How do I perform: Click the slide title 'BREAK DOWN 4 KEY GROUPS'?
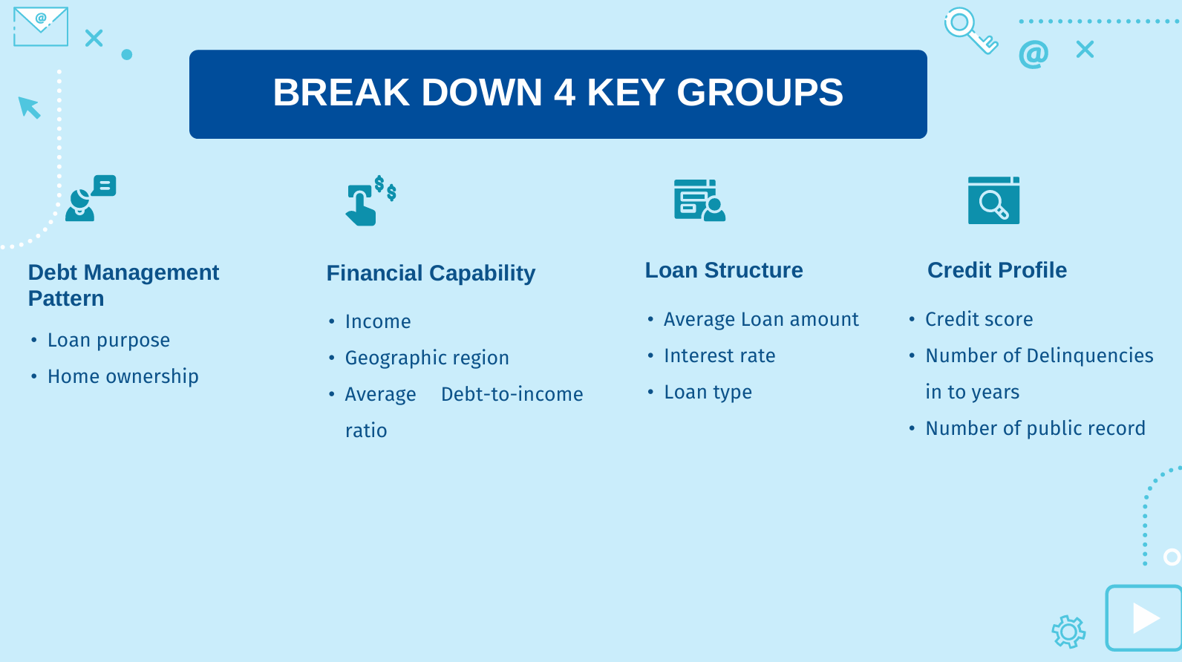[558, 92]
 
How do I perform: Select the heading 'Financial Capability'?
[431, 273]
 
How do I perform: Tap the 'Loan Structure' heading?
[723, 270]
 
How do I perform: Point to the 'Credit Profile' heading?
[997, 270]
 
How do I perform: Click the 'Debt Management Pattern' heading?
[123, 286]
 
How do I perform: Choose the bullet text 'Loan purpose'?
[108, 340]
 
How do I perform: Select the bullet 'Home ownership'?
[123, 376]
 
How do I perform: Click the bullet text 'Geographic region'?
[427, 358]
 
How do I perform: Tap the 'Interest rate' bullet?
[719, 355]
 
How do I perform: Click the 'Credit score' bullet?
[979, 319]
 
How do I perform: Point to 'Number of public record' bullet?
[1035, 428]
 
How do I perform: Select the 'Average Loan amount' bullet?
[761, 319]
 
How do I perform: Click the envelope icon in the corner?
[41, 27]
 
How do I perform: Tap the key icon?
[971, 30]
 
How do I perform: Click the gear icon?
[1068, 632]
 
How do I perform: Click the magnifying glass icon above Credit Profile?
[993, 200]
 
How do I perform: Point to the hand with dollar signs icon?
[370, 200]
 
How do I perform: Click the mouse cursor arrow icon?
[29, 107]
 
